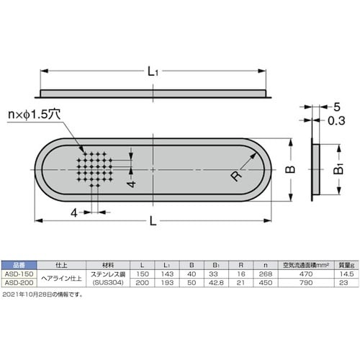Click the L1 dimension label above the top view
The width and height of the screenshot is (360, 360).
153,71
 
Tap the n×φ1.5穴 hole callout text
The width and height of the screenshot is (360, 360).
34,114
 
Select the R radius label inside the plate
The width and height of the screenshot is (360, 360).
236,176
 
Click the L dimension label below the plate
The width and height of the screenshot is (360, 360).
153,221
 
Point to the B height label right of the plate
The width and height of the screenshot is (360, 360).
290,169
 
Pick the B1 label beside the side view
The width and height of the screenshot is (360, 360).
339,168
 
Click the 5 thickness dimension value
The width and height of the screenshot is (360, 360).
337,107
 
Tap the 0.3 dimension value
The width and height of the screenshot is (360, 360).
336,120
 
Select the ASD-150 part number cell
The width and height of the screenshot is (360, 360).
19,274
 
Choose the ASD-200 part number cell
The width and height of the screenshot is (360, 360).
19,282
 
